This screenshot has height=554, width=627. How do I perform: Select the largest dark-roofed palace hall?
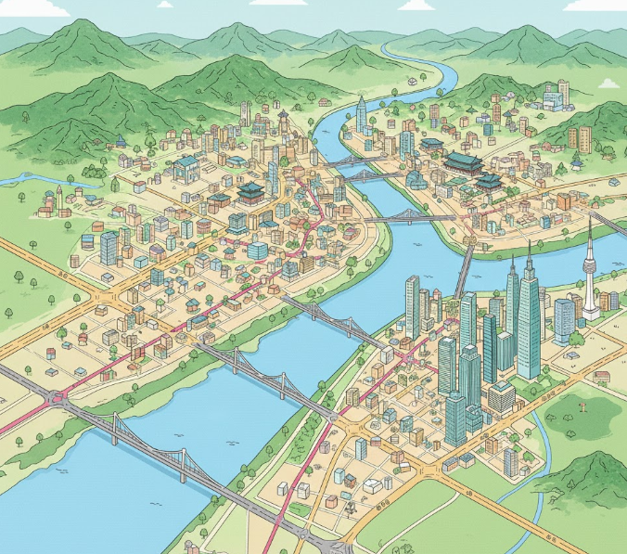pyautogui.click(x=464, y=163)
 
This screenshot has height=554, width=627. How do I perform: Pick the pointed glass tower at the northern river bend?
pyautogui.click(x=361, y=116)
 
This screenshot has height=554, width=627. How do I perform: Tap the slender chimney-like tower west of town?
pyautogui.click(x=58, y=198)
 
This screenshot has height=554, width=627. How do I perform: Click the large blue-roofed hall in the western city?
pyautogui.click(x=186, y=167)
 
